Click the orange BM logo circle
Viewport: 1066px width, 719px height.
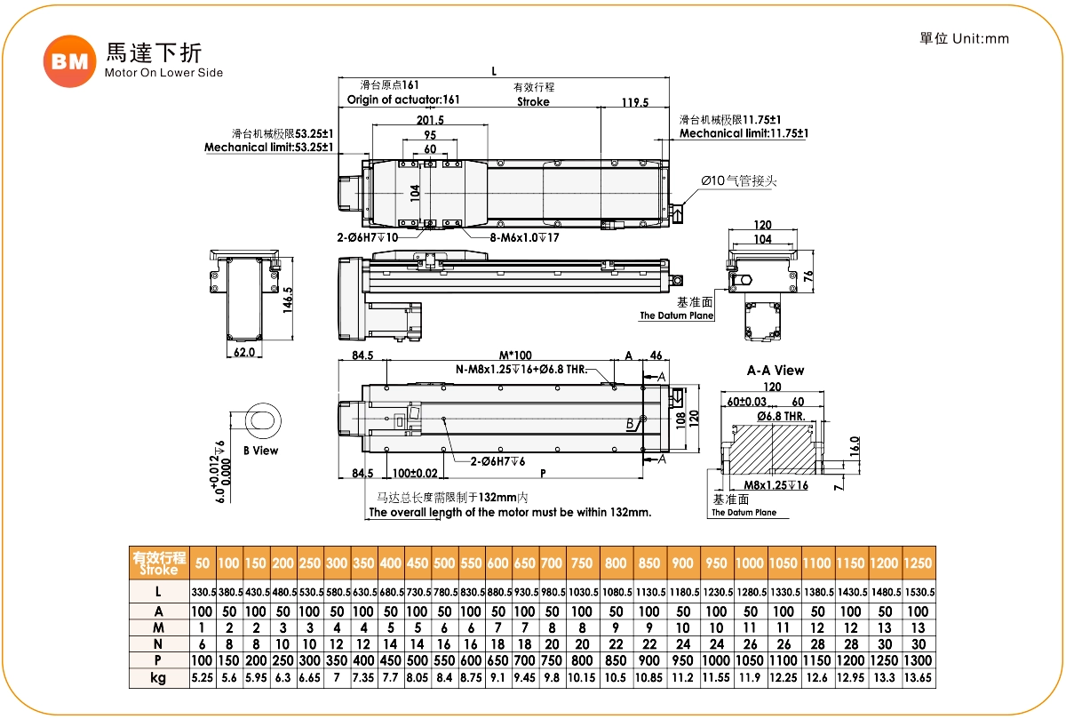(69, 61)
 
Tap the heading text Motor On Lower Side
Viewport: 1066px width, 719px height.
(163, 73)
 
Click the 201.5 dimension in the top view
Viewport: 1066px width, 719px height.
(430, 121)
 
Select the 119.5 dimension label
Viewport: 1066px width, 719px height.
(634, 102)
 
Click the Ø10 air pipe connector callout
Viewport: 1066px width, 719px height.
(739, 180)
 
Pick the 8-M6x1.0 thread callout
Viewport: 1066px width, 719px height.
(524, 238)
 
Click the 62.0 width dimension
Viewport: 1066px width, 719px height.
(243, 352)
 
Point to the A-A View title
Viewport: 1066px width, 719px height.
(776, 371)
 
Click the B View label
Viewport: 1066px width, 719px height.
(260, 451)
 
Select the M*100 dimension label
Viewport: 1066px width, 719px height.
(515, 356)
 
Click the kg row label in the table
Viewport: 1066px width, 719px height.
(158, 678)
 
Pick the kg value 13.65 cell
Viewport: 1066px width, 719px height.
(918, 678)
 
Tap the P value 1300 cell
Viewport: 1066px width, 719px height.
(918, 660)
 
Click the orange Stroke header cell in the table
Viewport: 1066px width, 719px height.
(158, 563)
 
